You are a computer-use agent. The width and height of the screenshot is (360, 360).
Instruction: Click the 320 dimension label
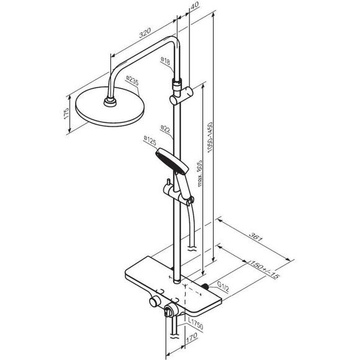click(145, 33)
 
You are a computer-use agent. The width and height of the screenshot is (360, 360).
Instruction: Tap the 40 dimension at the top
click(195, 5)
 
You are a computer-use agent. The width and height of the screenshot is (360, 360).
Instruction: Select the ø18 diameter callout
click(165, 61)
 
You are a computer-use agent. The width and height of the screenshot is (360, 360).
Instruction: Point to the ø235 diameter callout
click(132, 81)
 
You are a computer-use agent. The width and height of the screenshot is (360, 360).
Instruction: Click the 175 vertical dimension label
click(66, 113)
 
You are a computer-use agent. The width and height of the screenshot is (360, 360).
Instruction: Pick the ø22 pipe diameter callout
click(165, 128)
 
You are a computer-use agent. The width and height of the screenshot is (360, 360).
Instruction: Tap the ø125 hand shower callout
click(150, 140)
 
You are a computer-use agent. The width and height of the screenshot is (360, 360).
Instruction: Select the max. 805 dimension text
click(200, 173)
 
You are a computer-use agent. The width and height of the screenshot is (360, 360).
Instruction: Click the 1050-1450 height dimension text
click(210, 138)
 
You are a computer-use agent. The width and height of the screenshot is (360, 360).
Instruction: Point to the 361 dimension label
click(256, 237)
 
